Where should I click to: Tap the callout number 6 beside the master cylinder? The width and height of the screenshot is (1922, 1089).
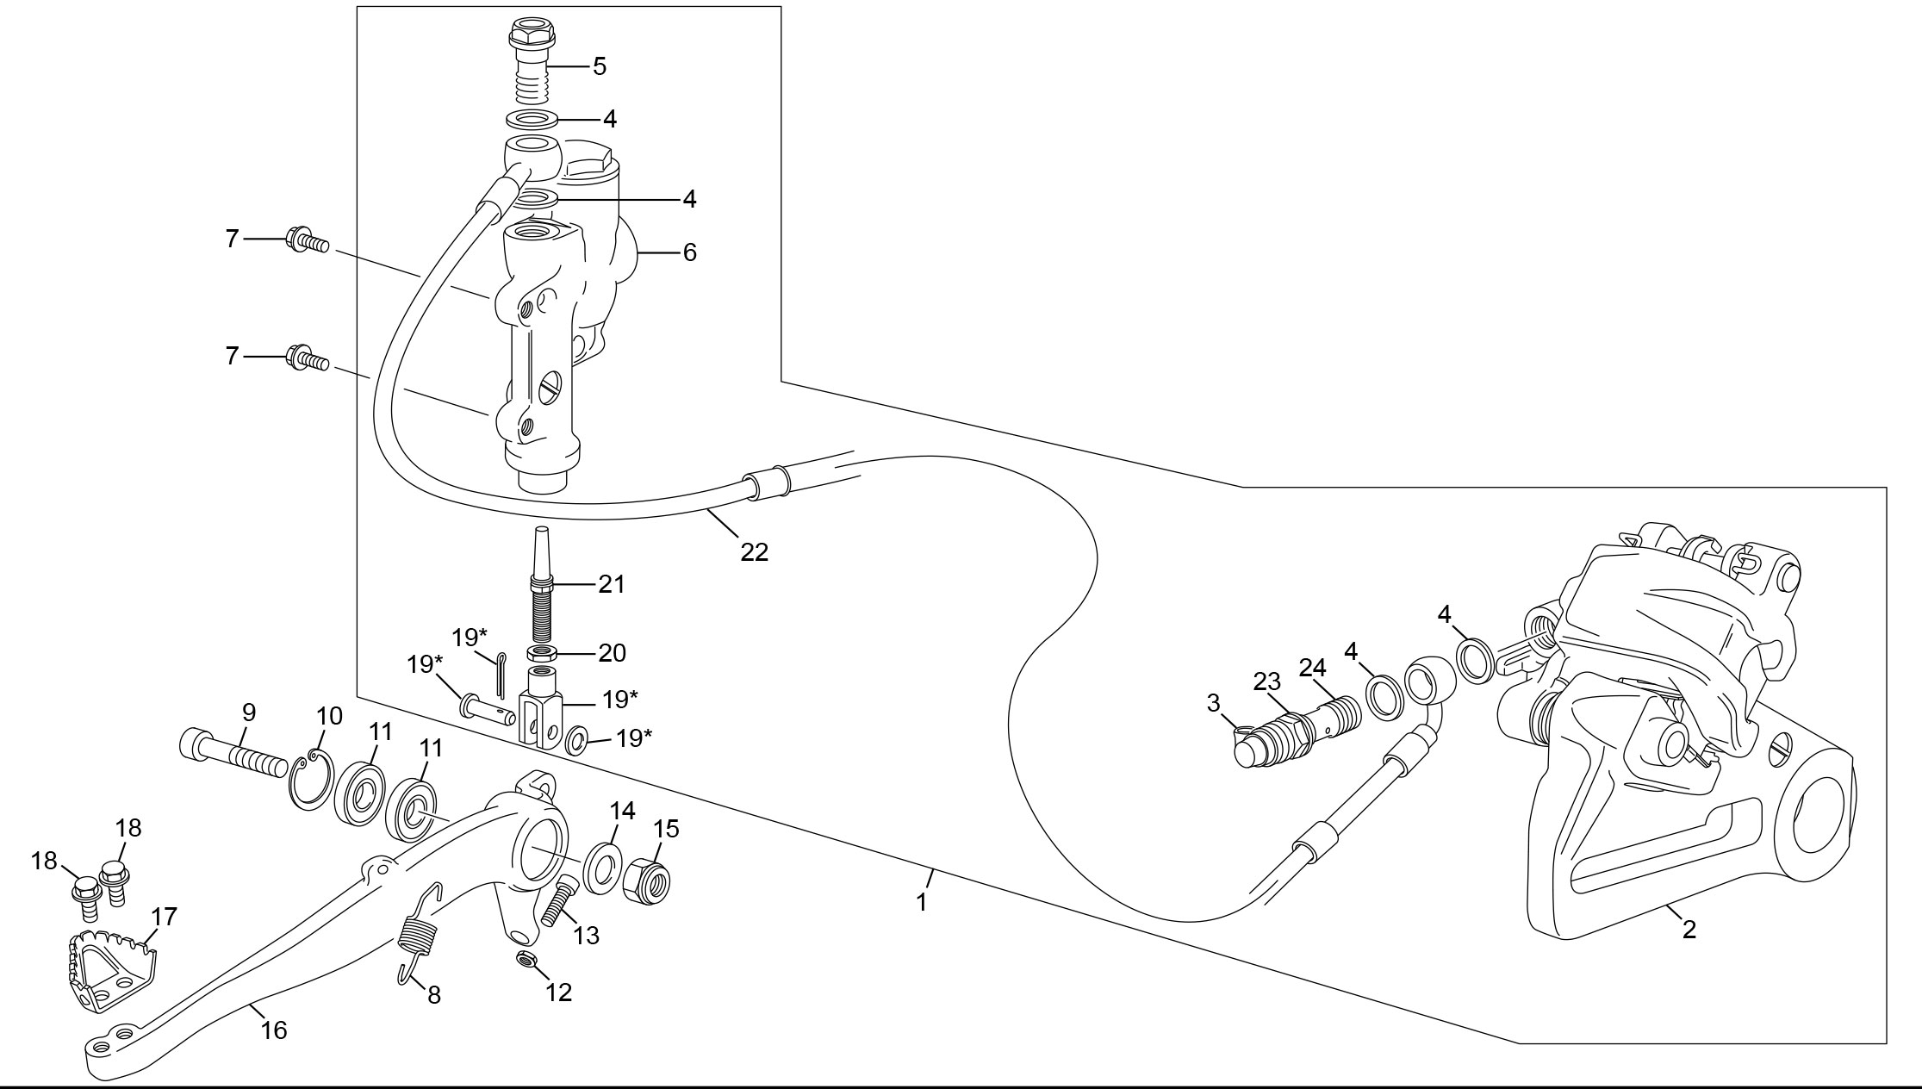[689, 252]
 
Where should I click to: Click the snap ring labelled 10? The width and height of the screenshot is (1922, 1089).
[310, 780]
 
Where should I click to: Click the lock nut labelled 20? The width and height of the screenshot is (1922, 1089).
[542, 654]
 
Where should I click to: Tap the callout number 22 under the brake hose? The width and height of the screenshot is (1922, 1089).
[754, 552]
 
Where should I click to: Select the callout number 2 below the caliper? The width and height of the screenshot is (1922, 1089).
[1689, 929]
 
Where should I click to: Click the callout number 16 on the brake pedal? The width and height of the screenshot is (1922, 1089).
[274, 1030]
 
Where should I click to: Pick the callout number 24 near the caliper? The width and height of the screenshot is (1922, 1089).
[1313, 668]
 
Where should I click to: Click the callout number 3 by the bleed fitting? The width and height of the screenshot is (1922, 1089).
[1214, 703]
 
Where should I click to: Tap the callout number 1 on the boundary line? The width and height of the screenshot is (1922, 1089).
[922, 902]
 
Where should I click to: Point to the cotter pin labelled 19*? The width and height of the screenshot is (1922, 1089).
[501, 675]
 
